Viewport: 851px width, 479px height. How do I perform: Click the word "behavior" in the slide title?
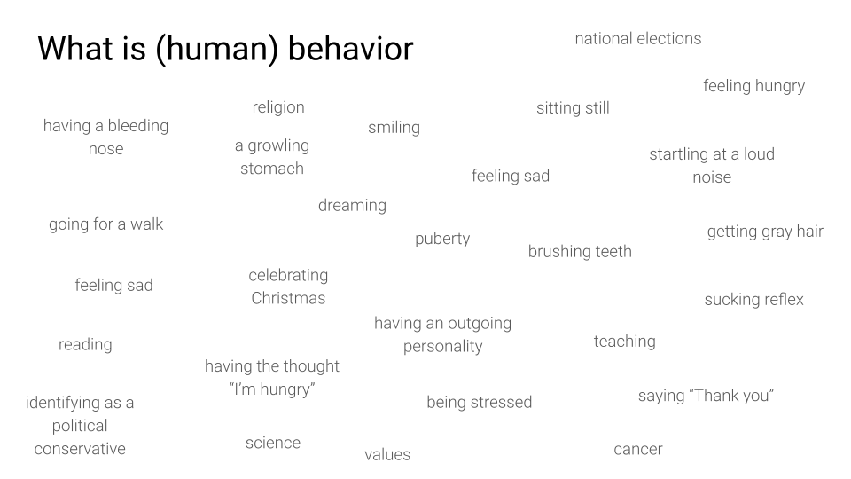click(351, 48)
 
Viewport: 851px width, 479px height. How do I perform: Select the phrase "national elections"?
click(638, 38)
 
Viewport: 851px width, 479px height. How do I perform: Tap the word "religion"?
click(278, 107)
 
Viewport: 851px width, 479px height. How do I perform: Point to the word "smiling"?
click(394, 128)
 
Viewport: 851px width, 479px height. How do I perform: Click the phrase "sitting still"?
click(574, 108)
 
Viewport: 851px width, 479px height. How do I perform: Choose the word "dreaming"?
click(352, 206)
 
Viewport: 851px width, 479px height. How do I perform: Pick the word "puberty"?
click(442, 239)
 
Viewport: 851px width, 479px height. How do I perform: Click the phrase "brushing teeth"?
click(580, 251)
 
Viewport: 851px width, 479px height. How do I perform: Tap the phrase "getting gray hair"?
click(765, 232)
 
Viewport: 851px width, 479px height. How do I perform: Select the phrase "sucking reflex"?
click(753, 300)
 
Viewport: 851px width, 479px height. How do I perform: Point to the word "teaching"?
click(625, 342)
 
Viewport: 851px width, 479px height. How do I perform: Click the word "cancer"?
click(638, 450)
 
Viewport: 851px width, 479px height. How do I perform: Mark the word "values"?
click(387, 454)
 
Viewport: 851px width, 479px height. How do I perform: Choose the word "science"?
click(273, 444)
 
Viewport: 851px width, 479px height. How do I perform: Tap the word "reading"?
click(85, 345)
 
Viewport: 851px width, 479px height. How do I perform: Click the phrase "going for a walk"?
click(105, 224)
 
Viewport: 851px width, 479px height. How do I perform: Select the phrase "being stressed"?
click(480, 403)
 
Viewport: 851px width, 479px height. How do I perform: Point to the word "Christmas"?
click(288, 298)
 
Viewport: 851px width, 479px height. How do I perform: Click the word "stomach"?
click(272, 169)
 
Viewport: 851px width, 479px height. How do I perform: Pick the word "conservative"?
click(80, 449)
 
